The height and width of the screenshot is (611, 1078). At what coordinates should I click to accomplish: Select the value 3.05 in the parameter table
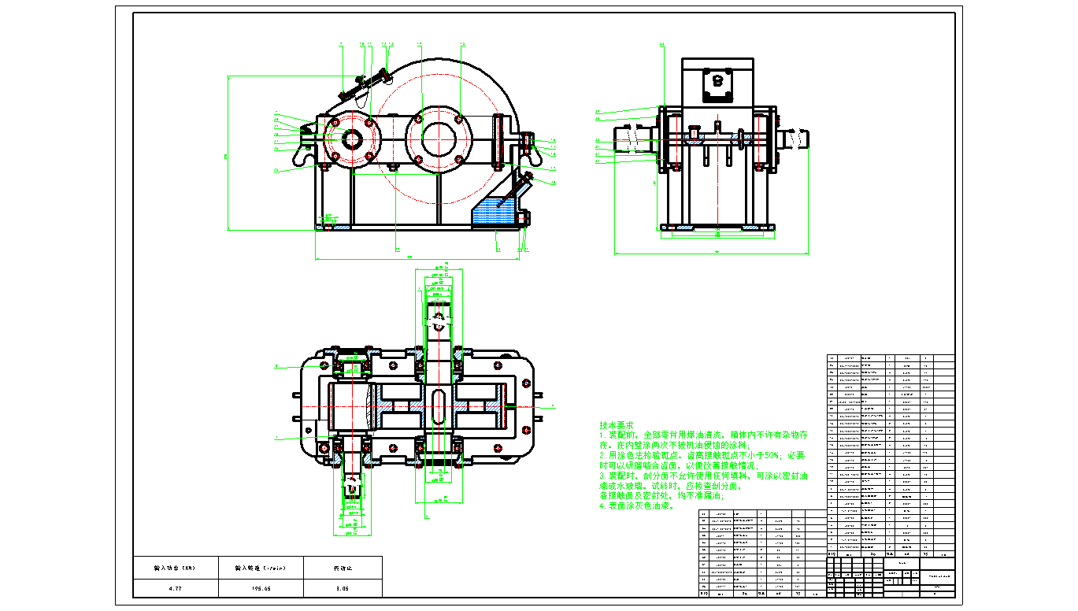342,588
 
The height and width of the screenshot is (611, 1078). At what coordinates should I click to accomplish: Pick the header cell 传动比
342,567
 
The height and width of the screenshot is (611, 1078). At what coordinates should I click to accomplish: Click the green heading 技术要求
617,424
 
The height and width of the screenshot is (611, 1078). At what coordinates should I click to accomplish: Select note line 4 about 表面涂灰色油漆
638,506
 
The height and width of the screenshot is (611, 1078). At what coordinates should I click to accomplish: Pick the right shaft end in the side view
795,139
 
